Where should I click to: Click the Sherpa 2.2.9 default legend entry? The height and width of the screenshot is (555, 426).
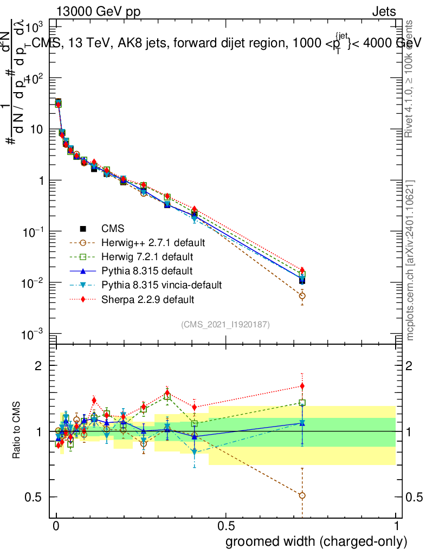(x=144, y=299)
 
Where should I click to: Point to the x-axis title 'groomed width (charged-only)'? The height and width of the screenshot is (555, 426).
(x=316, y=541)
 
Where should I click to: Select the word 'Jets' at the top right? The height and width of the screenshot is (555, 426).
(x=384, y=11)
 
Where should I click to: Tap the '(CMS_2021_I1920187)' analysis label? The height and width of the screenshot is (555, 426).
(x=225, y=324)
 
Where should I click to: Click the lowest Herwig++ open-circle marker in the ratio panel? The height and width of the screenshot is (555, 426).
(x=302, y=495)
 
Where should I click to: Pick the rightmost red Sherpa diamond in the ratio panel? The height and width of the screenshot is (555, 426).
(x=302, y=386)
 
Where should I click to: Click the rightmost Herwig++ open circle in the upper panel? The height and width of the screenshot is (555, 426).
(x=302, y=296)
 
